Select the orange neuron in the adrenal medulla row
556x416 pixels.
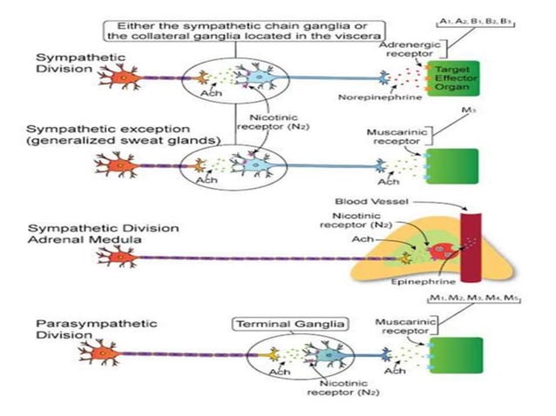119,257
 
